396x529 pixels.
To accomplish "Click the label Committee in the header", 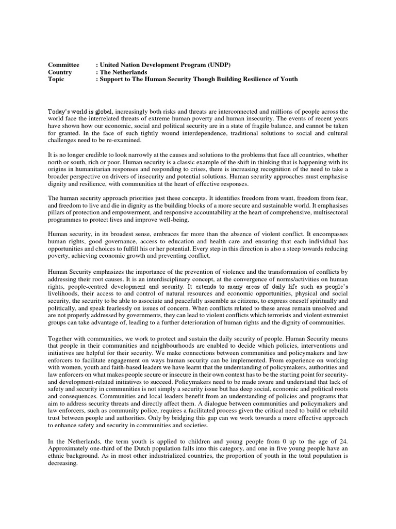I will [x=63, y=65].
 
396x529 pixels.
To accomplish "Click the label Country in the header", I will [x=60, y=72].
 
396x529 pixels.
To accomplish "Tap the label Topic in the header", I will [x=56, y=80].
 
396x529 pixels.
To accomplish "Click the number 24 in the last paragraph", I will [x=343, y=442].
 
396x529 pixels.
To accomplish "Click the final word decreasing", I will [x=62, y=463].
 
